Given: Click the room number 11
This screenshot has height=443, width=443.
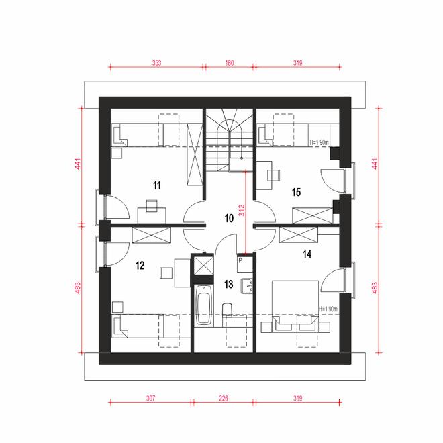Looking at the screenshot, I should [x=156, y=185].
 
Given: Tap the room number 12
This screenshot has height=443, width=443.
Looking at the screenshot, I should [x=140, y=266].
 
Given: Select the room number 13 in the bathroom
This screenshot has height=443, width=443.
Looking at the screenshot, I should [x=229, y=285].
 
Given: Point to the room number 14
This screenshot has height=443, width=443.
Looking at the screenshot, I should [x=307, y=254].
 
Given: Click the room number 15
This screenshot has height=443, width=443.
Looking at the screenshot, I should [x=296, y=192].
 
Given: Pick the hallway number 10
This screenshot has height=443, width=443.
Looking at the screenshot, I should [x=229, y=217].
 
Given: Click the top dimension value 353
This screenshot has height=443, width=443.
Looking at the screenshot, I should [x=156, y=63].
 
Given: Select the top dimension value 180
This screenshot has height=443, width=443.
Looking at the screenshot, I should [x=228, y=63].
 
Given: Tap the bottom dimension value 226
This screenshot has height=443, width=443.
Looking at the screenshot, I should [x=224, y=398].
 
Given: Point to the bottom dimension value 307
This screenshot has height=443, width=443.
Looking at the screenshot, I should [x=150, y=398].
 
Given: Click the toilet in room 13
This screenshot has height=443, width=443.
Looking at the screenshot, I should [x=227, y=310].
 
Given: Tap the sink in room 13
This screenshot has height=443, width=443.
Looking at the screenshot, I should [x=247, y=285].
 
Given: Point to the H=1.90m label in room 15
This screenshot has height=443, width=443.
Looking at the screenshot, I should [x=319, y=142].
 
